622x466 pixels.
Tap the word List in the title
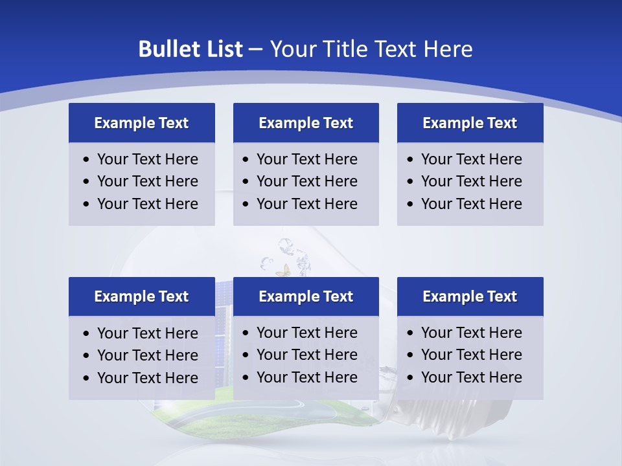pos(224,49)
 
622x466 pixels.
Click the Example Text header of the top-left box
pos(141,123)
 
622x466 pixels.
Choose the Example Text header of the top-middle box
pos(306,123)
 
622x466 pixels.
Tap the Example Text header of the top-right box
pos(470,123)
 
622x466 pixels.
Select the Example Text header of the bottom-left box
pos(141,296)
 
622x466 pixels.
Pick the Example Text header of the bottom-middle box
pos(306,296)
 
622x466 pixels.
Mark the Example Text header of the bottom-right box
pos(470,296)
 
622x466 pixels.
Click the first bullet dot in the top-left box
pos(87,160)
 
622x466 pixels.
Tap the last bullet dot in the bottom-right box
pos(411,378)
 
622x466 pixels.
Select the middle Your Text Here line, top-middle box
pos(307,181)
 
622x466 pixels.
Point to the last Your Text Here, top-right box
pos(471,204)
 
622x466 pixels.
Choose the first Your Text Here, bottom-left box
pos(148,333)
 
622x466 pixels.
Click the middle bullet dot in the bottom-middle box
pos(246,355)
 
